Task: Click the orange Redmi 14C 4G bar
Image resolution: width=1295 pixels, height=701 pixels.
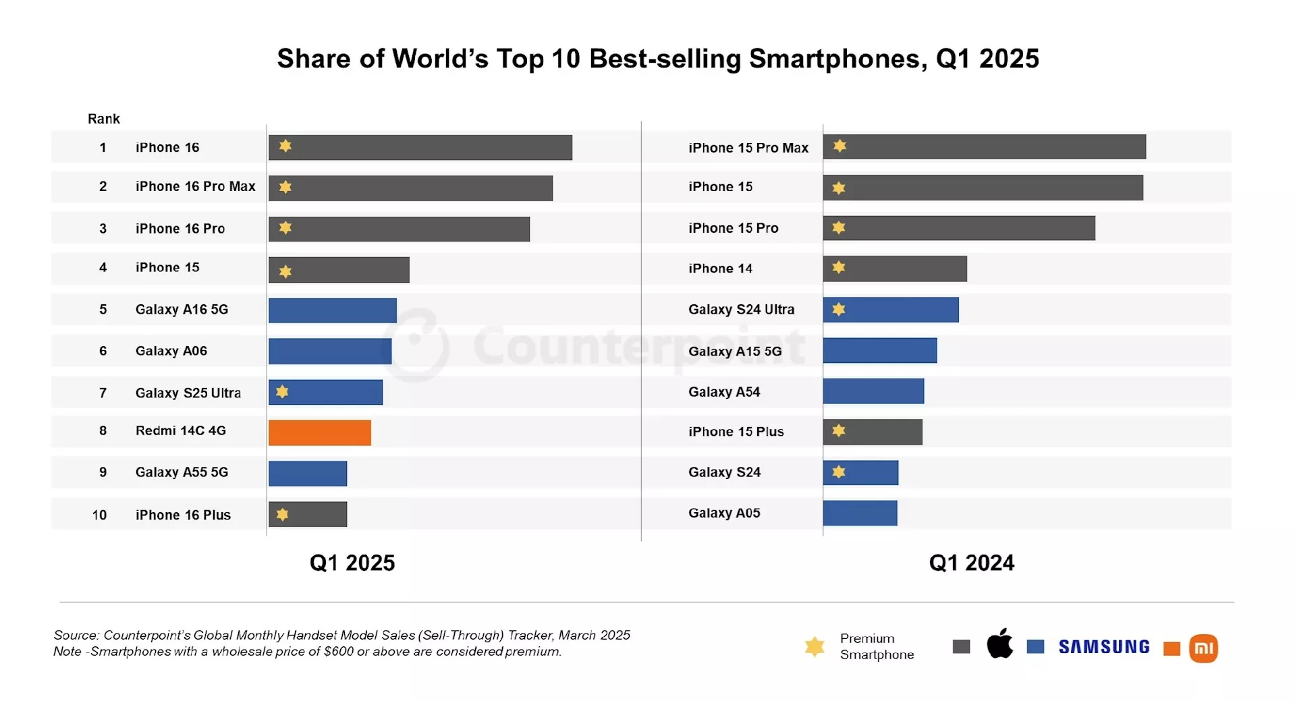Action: (x=319, y=432)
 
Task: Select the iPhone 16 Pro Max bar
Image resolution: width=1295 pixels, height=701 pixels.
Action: (x=410, y=188)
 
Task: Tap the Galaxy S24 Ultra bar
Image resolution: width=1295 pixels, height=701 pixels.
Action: (x=891, y=310)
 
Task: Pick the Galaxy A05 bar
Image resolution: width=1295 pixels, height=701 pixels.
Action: (x=860, y=513)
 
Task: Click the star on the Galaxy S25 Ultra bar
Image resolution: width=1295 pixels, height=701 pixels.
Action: (x=282, y=392)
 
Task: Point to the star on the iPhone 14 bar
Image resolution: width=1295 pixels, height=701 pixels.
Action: (x=839, y=268)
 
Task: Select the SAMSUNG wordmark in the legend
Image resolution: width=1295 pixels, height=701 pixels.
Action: (x=1104, y=647)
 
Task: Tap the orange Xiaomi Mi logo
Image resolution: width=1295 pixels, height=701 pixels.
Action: (x=1203, y=648)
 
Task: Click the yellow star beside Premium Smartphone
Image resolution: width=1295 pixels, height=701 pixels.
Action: (x=815, y=646)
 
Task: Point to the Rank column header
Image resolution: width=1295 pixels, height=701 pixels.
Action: (x=103, y=119)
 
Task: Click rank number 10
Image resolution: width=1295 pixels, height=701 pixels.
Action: (x=99, y=515)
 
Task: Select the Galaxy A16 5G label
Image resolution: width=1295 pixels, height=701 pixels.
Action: (x=182, y=310)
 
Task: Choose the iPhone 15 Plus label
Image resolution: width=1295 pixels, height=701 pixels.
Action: (x=736, y=432)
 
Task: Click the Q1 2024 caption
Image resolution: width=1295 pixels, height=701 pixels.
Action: (x=971, y=563)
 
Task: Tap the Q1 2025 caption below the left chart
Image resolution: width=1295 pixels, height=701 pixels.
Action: (x=352, y=563)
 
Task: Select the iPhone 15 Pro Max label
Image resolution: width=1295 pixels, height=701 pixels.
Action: (x=748, y=148)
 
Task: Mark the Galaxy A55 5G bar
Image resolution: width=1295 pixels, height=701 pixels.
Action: (x=308, y=474)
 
